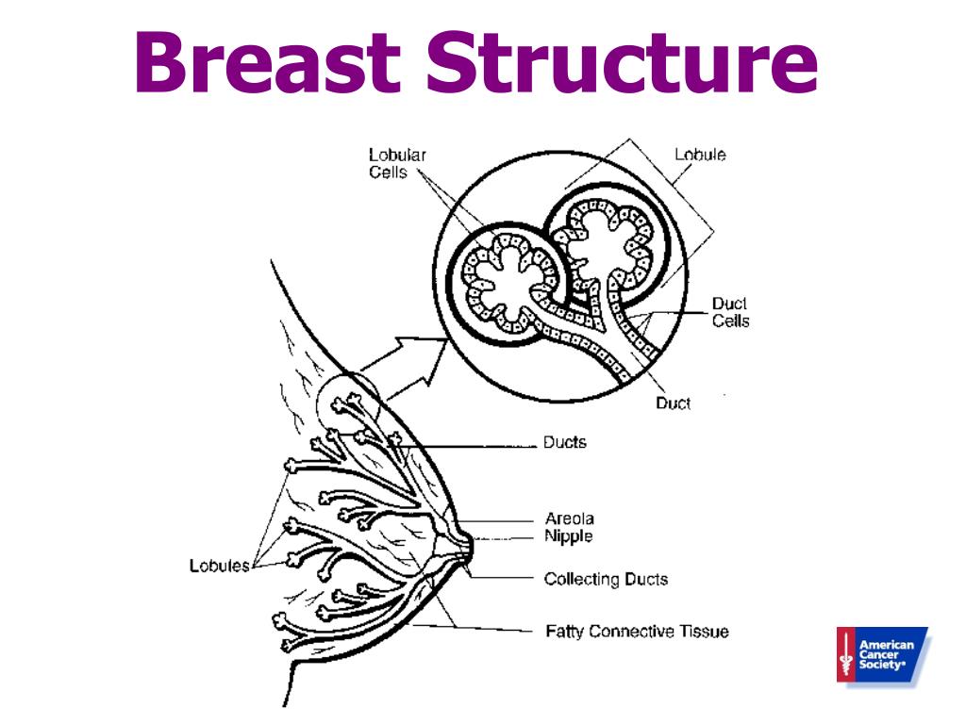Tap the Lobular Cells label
click(x=396, y=163)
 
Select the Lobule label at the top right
click(x=700, y=155)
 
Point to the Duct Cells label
click(x=730, y=312)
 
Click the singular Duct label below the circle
click(x=673, y=403)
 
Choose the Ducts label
click(x=565, y=442)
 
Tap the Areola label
click(x=570, y=518)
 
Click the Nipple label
click(x=569, y=536)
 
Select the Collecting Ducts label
click(x=606, y=579)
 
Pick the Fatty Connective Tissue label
click(x=637, y=631)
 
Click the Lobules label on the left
click(x=219, y=566)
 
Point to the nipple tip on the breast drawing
click(x=469, y=546)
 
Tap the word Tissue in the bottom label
click(x=702, y=631)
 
